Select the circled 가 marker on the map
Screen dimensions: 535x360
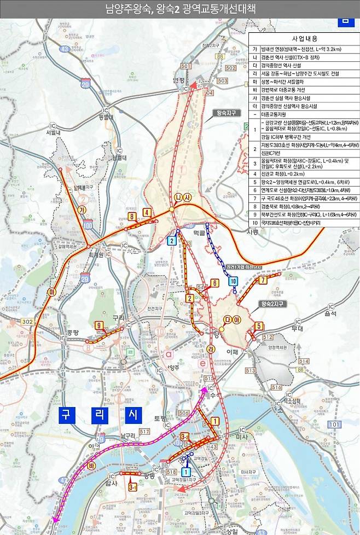[x=82, y=210]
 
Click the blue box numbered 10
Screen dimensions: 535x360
[x=233, y=281]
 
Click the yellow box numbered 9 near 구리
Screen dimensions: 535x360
[x=99, y=326]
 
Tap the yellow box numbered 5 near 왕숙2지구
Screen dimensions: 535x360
[x=259, y=326]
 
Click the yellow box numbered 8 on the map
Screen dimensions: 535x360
[x=132, y=217]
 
